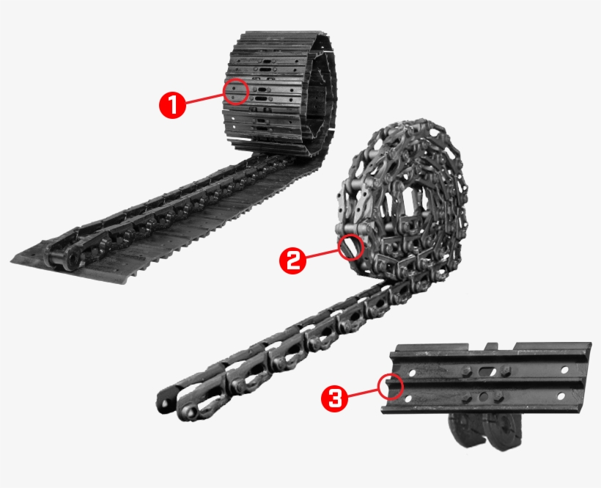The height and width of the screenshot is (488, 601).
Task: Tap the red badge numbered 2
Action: pos(293,261)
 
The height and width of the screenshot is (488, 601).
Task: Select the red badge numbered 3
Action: pos(334,398)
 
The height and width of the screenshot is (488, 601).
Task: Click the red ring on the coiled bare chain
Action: pos(351,245)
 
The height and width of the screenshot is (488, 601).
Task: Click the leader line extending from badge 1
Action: pos(204,99)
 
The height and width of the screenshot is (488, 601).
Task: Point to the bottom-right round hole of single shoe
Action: pos(561,396)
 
